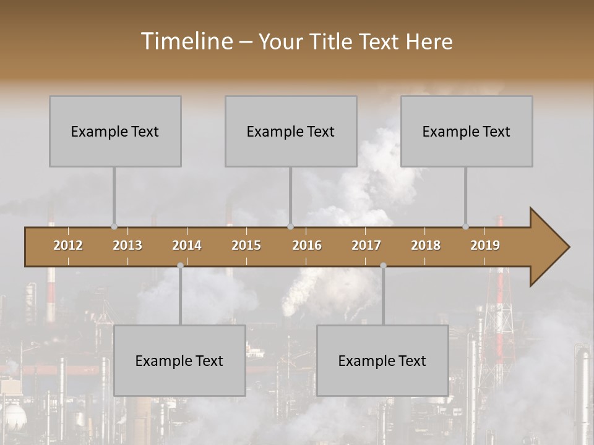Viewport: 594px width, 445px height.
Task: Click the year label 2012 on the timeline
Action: tap(68, 245)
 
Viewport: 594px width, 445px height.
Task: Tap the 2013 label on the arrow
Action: tap(127, 245)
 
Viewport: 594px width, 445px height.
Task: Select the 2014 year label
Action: tap(187, 245)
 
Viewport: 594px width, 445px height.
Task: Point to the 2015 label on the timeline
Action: tap(246, 245)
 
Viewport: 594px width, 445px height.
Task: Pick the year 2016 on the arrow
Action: tap(307, 245)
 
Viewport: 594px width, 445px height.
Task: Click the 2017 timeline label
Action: tap(366, 245)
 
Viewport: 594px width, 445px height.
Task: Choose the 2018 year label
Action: tap(426, 245)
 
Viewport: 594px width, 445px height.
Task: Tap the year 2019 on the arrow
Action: tap(485, 245)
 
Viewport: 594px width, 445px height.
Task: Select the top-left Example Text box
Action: tap(115, 131)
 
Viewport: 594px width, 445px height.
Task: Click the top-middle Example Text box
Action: tap(291, 131)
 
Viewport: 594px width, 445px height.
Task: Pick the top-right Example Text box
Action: tap(467, 131)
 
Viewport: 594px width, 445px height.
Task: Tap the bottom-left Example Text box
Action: tap(179, 360)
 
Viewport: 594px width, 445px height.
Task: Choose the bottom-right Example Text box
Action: tap(382, 360)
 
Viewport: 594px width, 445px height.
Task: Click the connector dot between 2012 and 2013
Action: tap(114, 227)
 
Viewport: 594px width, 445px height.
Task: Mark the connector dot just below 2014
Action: tap(180, 265)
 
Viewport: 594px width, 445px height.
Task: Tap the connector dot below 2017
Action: tap(383, 265)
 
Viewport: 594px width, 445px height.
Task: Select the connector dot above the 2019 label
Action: tap(465, 227)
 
